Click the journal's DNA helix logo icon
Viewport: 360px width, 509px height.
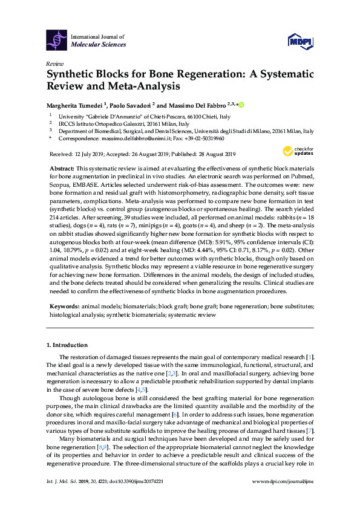click(57, 41)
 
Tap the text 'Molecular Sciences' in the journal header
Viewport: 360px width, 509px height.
click(98, 45)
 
